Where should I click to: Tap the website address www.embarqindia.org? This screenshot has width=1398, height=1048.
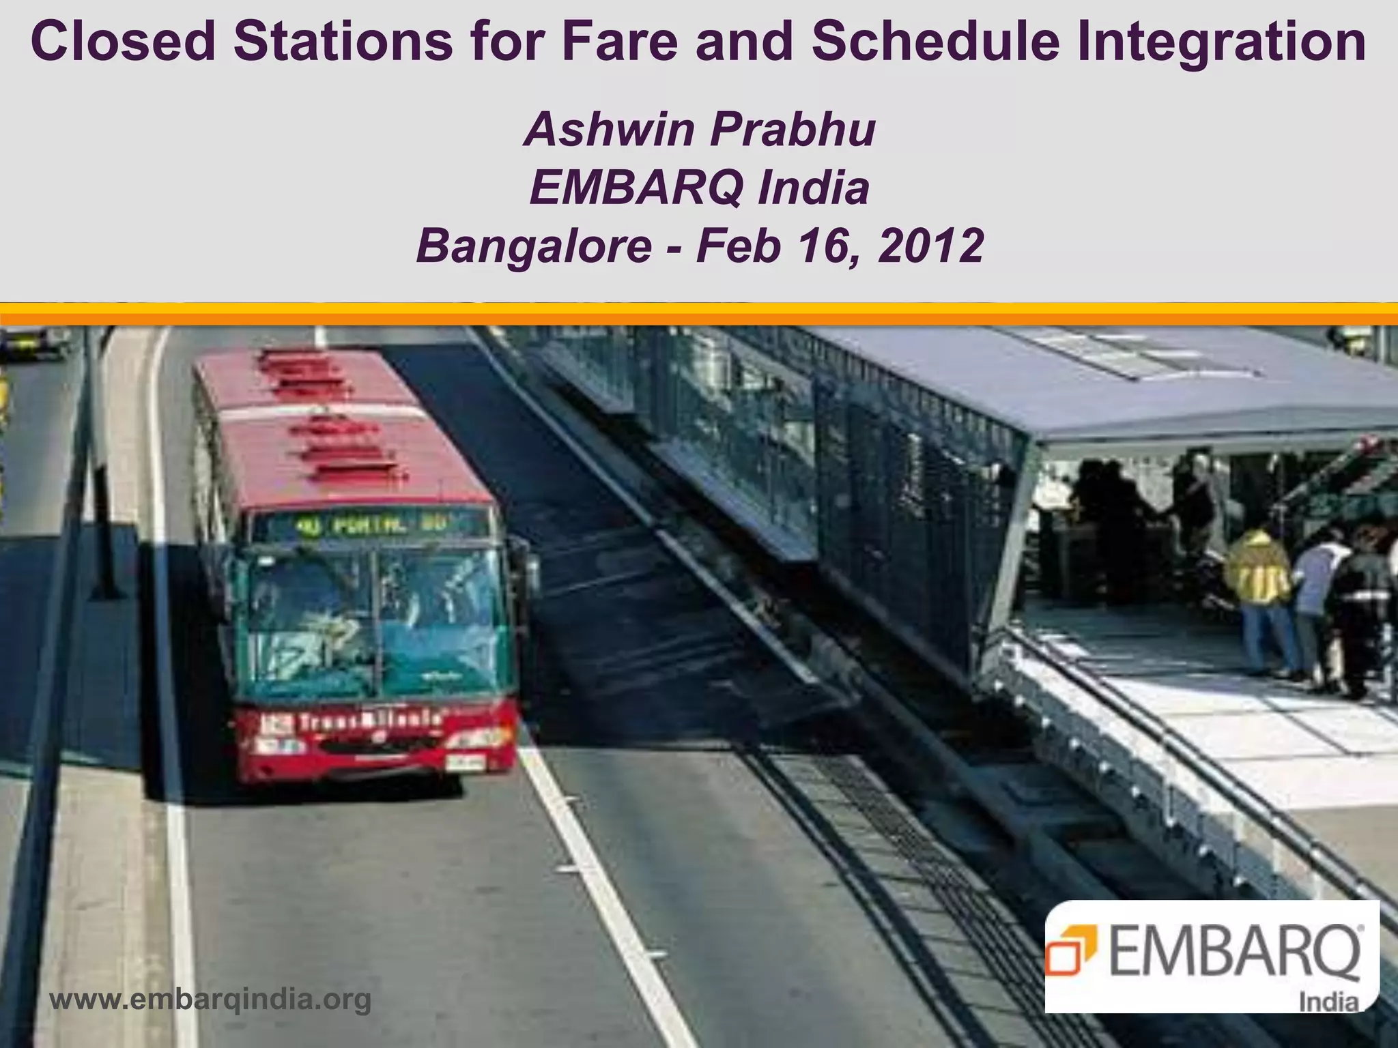pos(211,999)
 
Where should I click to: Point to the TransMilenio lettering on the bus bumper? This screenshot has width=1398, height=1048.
pos(369,722)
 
